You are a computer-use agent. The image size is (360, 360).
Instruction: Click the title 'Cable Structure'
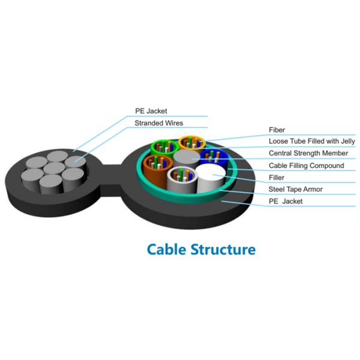[201, 250]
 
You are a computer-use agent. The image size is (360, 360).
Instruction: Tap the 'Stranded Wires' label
[159, 123]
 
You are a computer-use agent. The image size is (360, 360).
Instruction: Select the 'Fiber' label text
[277, 130]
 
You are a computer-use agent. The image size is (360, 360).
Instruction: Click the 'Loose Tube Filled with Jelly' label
[312, 141]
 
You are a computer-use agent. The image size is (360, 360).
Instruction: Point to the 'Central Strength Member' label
[308, 153]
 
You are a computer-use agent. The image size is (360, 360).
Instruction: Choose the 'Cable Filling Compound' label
[306, 166]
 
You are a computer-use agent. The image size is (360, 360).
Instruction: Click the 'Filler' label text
[277, 178]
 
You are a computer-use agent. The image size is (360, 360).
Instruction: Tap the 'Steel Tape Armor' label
[295, 189]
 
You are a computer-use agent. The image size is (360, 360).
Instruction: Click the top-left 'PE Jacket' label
[151, 111]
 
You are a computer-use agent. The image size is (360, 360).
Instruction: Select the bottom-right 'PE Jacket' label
[286, 202]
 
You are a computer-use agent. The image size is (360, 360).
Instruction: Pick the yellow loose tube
[192, 143]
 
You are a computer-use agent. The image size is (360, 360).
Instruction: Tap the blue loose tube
[214, 157]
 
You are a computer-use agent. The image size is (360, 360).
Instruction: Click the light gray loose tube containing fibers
[182, 178]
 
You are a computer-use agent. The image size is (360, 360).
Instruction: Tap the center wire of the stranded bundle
[54, 169]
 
